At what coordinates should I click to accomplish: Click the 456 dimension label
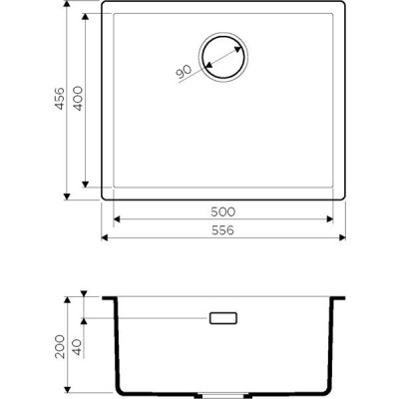point(60,98)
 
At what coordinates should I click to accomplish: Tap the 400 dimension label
point(78,99)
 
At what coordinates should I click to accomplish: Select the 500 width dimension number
point(223,211)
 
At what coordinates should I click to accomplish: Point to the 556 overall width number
point(223,230)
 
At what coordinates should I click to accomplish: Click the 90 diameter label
point(184,72)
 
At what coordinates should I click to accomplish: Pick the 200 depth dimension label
point(60,346)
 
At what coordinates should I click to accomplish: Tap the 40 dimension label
point(78,347)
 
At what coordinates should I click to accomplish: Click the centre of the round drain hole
point(223,57)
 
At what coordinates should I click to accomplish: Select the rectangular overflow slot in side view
point(223,318)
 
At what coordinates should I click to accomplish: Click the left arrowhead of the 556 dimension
point(105,237)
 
